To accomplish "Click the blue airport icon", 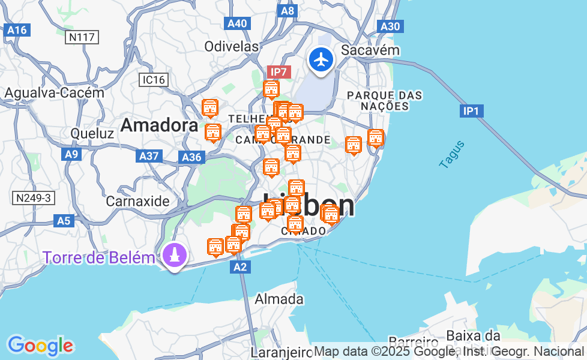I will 322,60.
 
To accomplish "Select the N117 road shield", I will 82,37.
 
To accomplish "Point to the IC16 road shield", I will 154,80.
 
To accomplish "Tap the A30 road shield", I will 390,26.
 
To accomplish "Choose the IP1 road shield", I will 471,111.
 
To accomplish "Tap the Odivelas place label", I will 231,46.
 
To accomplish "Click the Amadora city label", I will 159,125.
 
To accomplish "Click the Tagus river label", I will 452,154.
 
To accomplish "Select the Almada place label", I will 279,299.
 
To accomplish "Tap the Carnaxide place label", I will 137,201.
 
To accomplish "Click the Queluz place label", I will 92,133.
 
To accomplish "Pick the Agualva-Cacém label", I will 54,93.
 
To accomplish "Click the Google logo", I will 40,346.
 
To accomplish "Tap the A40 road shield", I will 237,23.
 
